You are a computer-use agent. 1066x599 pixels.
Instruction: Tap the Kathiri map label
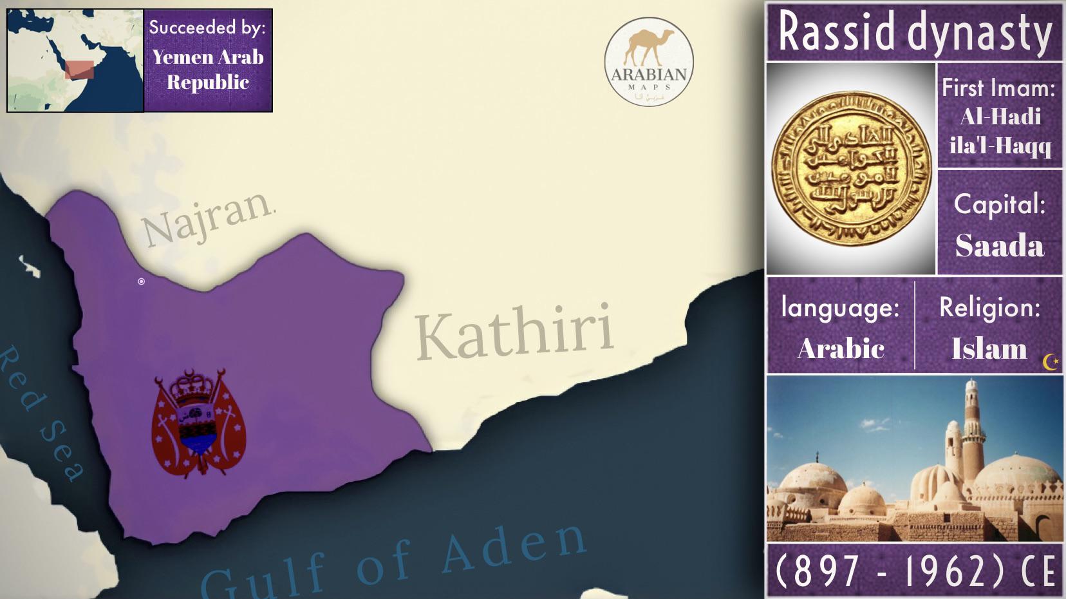(x=514, y=333)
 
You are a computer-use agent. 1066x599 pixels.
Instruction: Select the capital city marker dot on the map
(x=142, y=281)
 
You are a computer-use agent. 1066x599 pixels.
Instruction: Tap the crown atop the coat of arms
(x=192, y=386)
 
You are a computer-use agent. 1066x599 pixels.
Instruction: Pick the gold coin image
(x=851, y=169)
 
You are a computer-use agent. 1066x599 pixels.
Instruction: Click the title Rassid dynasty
(x=914, y=32)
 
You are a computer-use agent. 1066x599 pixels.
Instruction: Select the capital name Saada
(x=999, y=246)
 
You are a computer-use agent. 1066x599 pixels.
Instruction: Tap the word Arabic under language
(x=841, y=349)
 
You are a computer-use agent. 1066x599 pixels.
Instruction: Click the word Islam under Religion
(x=989, y=349)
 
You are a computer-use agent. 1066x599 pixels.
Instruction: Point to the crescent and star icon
(x=1051, y=363)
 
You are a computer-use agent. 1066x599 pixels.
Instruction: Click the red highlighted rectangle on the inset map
(x=79, y=70)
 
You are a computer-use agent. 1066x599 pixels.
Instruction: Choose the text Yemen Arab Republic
(x=208, y=70)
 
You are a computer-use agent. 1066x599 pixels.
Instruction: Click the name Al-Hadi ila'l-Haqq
(x=1000, y=131)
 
